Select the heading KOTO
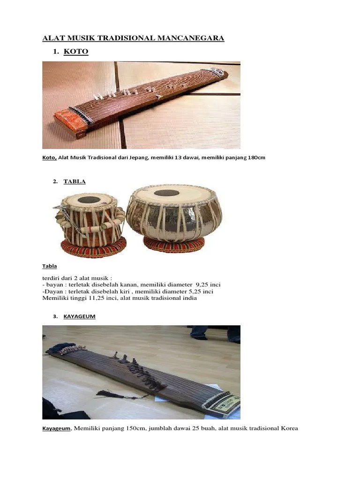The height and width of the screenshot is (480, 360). (x=75, y=52)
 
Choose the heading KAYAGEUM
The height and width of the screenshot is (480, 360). (x=80, y=316)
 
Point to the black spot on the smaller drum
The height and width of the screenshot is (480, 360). (x=89, y=200)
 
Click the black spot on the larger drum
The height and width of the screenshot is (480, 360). (x=166, y=193)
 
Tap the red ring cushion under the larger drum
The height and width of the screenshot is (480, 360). (x=173, y=244)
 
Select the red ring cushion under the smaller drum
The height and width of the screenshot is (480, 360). (x=94, y=247)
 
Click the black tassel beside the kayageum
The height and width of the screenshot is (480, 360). (x=105, y=394)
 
